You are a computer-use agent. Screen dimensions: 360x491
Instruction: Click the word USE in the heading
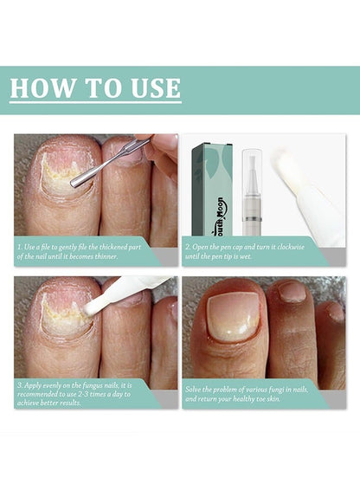point(156,88)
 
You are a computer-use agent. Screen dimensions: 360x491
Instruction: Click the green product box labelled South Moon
point(212,190)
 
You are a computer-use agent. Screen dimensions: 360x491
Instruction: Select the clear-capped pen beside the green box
point(252,192)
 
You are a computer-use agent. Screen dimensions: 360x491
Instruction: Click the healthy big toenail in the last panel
point(233,317)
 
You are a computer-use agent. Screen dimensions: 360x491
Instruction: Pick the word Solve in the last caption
point(192,390)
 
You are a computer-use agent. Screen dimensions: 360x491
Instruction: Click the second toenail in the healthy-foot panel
point(292,292)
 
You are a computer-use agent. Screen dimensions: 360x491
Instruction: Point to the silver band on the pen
point(252,218)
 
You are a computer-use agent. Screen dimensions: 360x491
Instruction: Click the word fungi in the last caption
point(275,391)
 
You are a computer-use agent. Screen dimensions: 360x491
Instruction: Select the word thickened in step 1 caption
point(113,247)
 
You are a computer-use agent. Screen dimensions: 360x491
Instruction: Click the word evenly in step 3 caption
point(51,385)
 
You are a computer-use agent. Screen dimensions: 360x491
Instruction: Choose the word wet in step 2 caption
point(247,256)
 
